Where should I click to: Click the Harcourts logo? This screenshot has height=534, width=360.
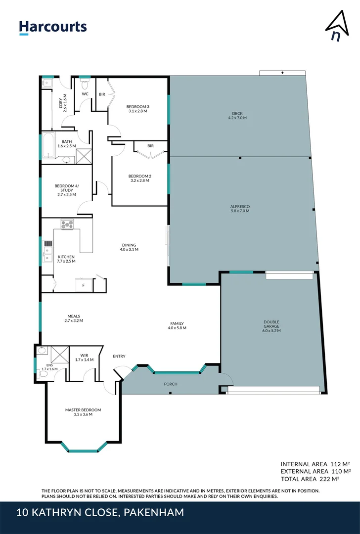click(x=53, y=27)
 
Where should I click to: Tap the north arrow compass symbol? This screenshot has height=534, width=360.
click(x=336, y=28)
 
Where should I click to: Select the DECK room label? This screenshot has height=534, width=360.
click(x=237, y=113)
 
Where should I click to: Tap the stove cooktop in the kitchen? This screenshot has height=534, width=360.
click(x=67, y=224)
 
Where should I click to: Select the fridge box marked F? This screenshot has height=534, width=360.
click(x=84, y=285)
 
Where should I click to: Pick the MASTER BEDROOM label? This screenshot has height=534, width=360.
click(x=83, y=410)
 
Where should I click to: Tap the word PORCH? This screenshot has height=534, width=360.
click(x=171, y=384)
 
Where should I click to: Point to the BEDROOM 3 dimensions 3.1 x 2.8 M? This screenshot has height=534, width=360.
click(x=137, y=111)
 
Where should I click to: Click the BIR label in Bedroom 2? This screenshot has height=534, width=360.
click(x=150, y=146)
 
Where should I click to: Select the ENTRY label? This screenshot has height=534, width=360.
click(x=119, y=356)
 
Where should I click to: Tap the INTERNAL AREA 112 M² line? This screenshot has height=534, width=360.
click(x=315, y=464)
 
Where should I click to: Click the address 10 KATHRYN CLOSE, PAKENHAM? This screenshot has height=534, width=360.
click(x=100, y=513)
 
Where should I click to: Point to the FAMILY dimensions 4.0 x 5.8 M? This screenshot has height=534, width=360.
click(x=177, y=328)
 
